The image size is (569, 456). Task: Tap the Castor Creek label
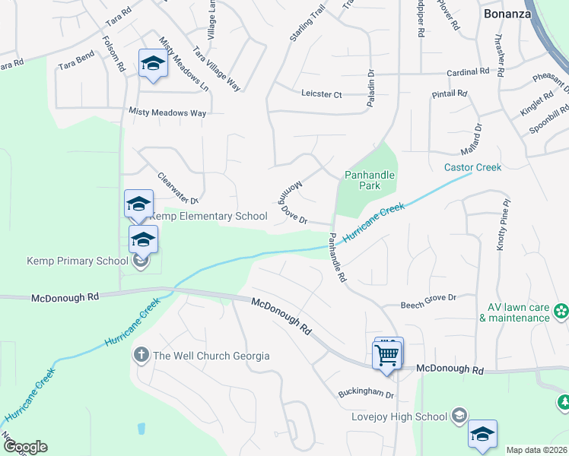472,167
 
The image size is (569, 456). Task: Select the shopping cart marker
387,354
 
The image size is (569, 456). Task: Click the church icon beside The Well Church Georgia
141,355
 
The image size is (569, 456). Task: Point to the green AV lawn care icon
561,312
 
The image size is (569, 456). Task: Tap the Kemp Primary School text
78,261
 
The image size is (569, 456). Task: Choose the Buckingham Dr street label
367,395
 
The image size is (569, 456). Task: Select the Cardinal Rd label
468,72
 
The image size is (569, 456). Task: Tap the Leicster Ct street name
322,94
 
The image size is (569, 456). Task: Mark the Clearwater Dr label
177,188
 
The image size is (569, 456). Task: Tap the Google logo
25,447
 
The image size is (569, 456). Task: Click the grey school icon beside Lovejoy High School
459,416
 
